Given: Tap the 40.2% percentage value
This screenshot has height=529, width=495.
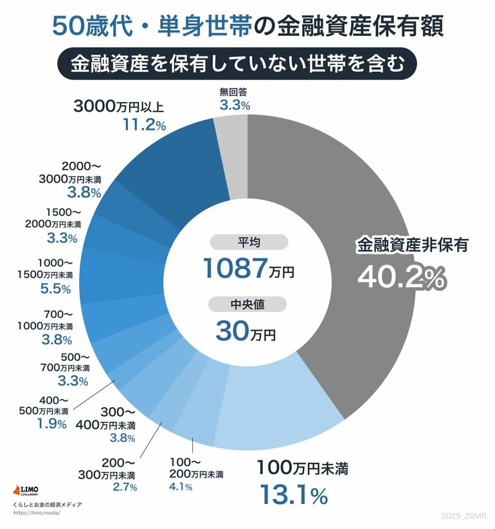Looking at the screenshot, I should click(401, 277).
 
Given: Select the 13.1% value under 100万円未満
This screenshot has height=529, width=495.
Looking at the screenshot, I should click(293, 495).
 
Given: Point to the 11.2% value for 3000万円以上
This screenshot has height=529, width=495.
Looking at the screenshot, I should click(144, 125).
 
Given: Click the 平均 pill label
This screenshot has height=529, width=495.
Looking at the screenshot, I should click(248, 242).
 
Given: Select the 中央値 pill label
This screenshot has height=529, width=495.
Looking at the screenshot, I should click(248, 304).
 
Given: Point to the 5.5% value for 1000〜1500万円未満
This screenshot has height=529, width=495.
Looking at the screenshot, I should click(55, 289).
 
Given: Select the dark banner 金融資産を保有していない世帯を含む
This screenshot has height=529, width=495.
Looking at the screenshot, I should click(248, 64).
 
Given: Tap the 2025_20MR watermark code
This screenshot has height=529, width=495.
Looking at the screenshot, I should click(466, 516).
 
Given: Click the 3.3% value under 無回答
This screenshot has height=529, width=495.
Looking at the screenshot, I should click(234, 105).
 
